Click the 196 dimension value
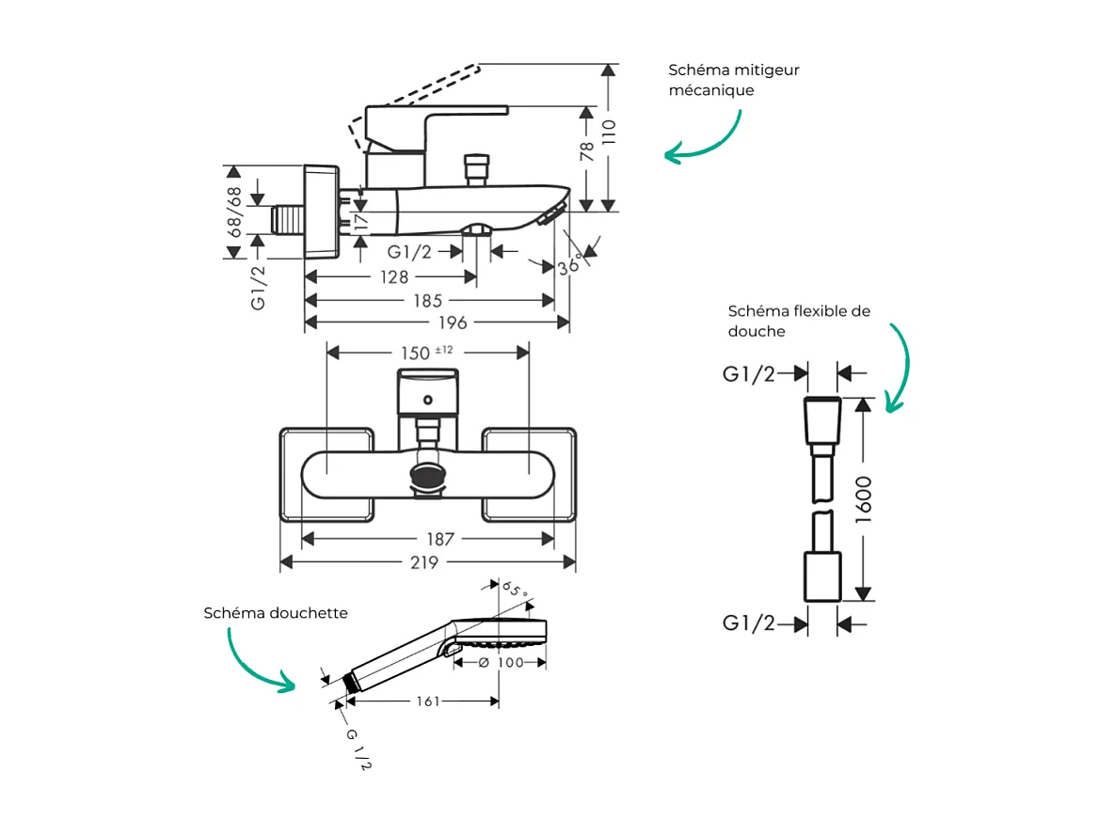[452, 323]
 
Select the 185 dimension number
[427, 301]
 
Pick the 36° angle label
[569, 265]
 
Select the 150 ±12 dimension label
[427, 352]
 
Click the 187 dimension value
[439, 540]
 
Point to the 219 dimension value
[425, 562]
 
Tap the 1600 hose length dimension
[864, 499]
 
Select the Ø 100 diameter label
[500, 663]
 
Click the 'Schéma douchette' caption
[276, 613]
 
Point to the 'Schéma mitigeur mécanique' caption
[734, 80]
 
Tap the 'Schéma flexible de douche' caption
[799, 321]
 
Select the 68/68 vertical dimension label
[232, 211]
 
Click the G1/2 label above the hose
[749, 374]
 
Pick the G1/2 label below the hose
[749, 623]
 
